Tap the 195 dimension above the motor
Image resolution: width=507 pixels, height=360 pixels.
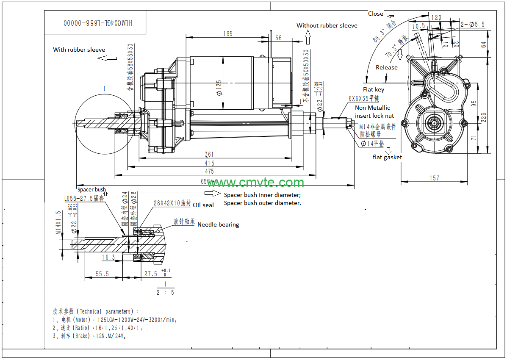point(227,33)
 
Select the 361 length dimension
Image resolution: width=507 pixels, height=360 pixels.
point(209,154)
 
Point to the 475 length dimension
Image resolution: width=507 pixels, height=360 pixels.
point(209,171)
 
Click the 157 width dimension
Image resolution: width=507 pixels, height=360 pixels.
point(435,178)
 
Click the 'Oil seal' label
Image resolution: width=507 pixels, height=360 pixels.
point(203,205)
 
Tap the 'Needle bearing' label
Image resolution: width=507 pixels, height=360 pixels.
point(218,224)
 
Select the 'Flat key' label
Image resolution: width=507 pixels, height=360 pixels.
point(374,89)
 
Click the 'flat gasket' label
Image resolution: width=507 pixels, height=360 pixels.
point(387,157)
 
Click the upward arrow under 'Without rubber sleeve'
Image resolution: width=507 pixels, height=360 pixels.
point(308,39)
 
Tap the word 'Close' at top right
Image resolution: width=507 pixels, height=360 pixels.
point(375,14)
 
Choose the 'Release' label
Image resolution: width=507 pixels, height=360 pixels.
point(387,67)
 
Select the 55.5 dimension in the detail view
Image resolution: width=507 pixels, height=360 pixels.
point(102,274)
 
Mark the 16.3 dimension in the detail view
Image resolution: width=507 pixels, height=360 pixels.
point(108,257)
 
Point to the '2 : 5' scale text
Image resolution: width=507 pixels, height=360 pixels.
point(165,292)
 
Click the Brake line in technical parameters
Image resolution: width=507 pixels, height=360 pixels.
point(89,336)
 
